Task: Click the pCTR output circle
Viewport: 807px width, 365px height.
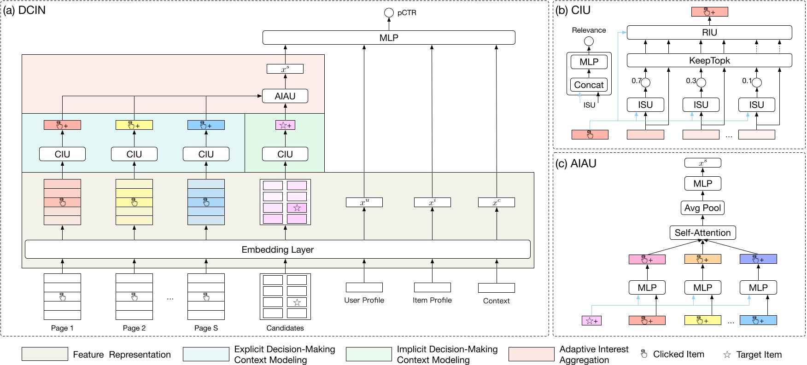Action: [x=389, y=13]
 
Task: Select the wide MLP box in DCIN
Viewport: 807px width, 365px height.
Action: [x=389, y=38]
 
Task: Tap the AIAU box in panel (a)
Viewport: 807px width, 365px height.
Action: [x=285, y=96]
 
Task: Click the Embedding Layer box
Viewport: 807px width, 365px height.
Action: [x=277, y=249]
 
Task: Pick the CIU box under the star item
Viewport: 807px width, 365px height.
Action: [x=285, y=154]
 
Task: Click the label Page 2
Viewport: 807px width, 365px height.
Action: [x=134, y=328]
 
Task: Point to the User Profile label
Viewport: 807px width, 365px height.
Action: [x=364, y=300]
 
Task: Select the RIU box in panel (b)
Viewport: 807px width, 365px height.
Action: [x=709, y=33]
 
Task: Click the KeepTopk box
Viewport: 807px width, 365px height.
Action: [x=709, y=60]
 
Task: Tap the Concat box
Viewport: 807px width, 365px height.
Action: [x=589, y=85]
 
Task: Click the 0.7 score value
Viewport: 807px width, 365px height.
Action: [x=637, y=81]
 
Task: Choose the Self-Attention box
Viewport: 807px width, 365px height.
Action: [x=702, y=233]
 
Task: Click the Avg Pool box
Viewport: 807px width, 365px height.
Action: [x=702, y=208]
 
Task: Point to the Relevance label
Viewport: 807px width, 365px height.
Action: [x=589, y=30]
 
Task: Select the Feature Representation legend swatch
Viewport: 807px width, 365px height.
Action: [x=45, y=354]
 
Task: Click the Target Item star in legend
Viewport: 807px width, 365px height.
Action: [x=727, y=355]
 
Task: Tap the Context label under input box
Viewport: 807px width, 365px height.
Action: [x=496, y=301]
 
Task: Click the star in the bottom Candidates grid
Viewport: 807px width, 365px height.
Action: [x=297, y=302]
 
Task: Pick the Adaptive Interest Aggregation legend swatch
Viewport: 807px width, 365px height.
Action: [x=531, y=354]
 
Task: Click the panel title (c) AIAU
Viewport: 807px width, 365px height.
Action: [x=576, y=163]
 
